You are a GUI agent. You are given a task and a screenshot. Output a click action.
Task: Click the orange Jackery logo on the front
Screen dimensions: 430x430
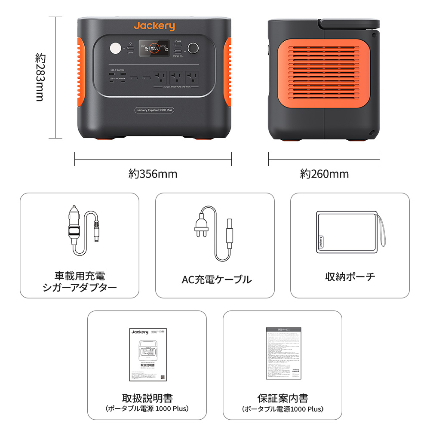point(154,26)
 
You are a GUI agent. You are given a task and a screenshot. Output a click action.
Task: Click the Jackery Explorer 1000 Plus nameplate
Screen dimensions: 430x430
point(154,110)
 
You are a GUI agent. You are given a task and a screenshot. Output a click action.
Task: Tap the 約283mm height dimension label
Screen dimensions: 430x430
point(40,77)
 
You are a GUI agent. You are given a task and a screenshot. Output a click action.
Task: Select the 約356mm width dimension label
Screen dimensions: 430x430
point(153,174)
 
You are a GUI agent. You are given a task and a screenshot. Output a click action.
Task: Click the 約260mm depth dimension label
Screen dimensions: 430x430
point(324,174)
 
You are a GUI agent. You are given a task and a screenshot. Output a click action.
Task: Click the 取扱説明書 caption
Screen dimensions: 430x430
point(147,399)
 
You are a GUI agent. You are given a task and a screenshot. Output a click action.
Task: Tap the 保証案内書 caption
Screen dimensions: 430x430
point(283,399)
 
